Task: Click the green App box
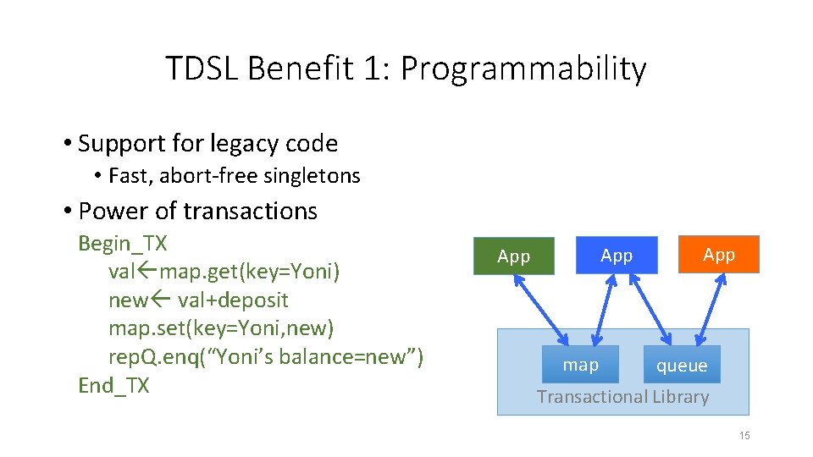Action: click(x=513, y=256)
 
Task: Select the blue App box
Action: click(x=617, y=255)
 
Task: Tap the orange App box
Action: click(x=719, y=254)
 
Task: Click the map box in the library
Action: click(x=580, y=365)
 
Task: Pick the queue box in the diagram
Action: click(x=682, y=365)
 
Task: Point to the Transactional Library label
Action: click(x=622, y=396)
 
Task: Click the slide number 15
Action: click(x=744, y=436)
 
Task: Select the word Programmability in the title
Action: click(x=523, y=69)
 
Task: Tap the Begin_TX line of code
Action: click(x=123, y=244)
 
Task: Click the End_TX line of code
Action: click(x=113, y=386)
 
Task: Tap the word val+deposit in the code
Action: click(x=233, y=300)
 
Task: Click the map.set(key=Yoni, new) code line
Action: click(x=221, y=328)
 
